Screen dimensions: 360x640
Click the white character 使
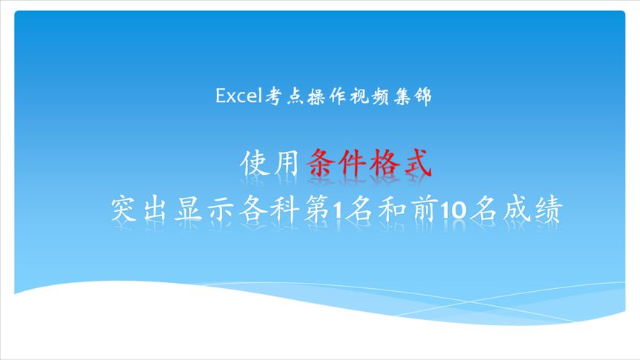[256, 164]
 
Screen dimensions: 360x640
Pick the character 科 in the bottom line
[287, 209]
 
